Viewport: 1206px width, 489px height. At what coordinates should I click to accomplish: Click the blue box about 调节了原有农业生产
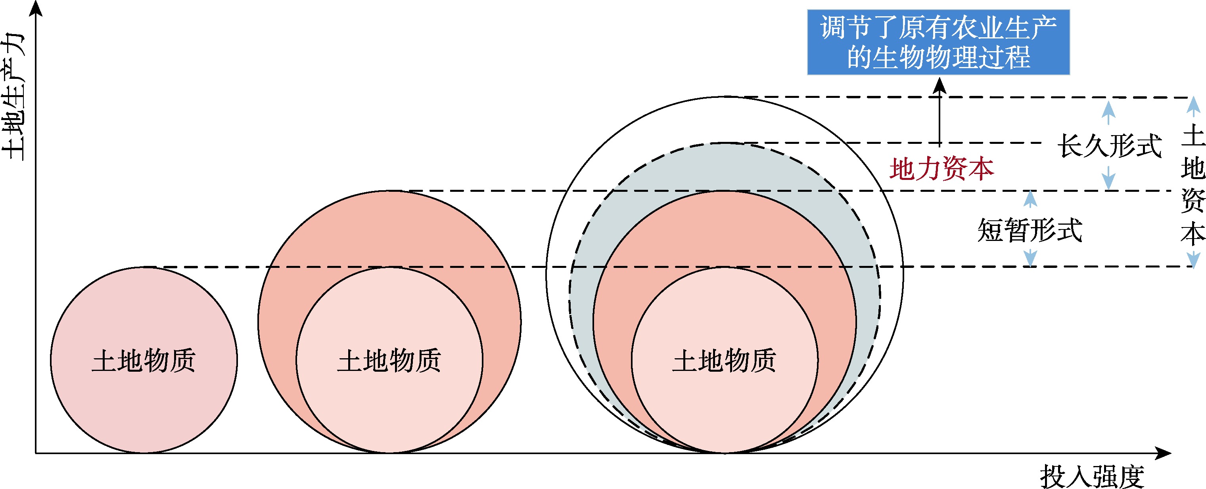tap(938, 42)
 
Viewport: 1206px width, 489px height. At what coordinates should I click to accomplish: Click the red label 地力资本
tap(941, 169)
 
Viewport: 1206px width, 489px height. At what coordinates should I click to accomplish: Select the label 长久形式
tap(1109, 146)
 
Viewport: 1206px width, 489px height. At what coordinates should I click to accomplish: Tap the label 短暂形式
tap(1030, 230)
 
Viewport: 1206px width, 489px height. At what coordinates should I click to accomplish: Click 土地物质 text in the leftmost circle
tap(144, 361)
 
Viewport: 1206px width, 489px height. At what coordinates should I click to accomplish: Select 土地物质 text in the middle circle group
tap(389, 361)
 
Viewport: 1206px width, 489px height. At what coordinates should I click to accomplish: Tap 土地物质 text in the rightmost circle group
tap(724, 361)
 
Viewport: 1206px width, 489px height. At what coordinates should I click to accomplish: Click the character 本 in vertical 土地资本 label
tap(1193, 234)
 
